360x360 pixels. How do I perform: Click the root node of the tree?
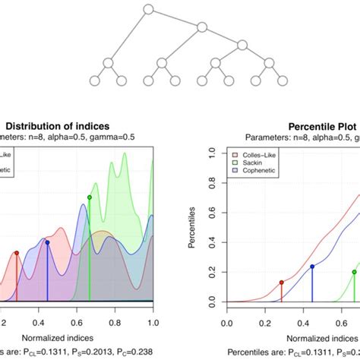tap(149, 10)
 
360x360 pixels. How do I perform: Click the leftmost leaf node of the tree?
tap(95, 81)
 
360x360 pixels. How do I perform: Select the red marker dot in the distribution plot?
tap(17, 253)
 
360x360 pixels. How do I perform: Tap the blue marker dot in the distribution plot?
tap(47, 242)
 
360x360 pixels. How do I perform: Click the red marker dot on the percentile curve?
tap(282, 282)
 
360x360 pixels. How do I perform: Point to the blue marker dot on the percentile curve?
tap(312, 267)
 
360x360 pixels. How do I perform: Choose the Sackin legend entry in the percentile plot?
tap(250, 163)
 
